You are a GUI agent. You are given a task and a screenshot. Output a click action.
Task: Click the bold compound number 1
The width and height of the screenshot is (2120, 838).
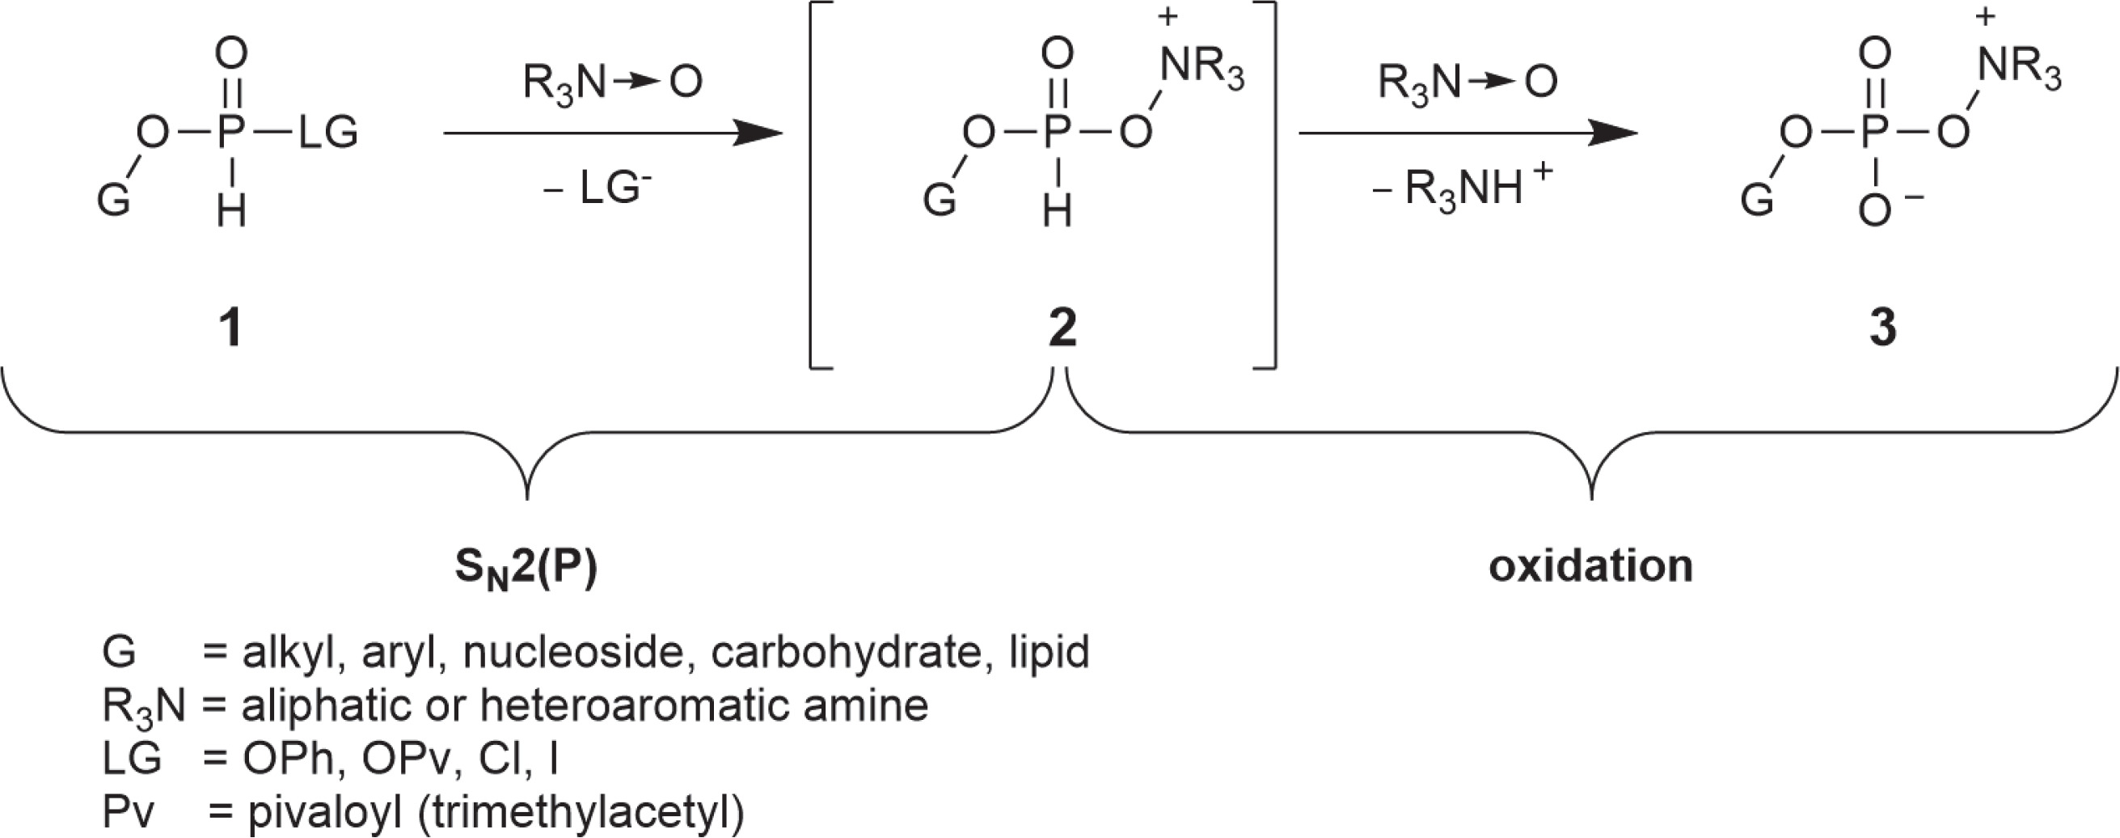[x=231, y=328]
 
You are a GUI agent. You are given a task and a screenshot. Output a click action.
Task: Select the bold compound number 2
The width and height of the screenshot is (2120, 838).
[x=1062, y=328]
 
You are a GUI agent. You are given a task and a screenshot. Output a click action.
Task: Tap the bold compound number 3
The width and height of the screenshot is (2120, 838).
[x=1882, y=328]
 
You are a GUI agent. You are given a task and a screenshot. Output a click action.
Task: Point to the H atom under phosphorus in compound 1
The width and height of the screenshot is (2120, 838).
[x=231, y=212]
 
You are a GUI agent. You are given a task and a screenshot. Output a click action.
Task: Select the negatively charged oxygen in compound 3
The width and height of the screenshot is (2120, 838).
[x=1875, y=212]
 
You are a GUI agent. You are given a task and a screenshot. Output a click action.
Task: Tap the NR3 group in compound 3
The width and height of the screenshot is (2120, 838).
[x=2020, y=66]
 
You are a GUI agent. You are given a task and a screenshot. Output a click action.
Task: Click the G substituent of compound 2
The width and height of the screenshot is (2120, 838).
[x=939, y=200]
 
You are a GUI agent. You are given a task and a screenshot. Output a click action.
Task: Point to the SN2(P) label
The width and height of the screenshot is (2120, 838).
[x=526, y=569]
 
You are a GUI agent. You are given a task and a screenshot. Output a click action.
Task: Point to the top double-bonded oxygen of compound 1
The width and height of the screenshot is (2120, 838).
[x=231, y=55]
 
